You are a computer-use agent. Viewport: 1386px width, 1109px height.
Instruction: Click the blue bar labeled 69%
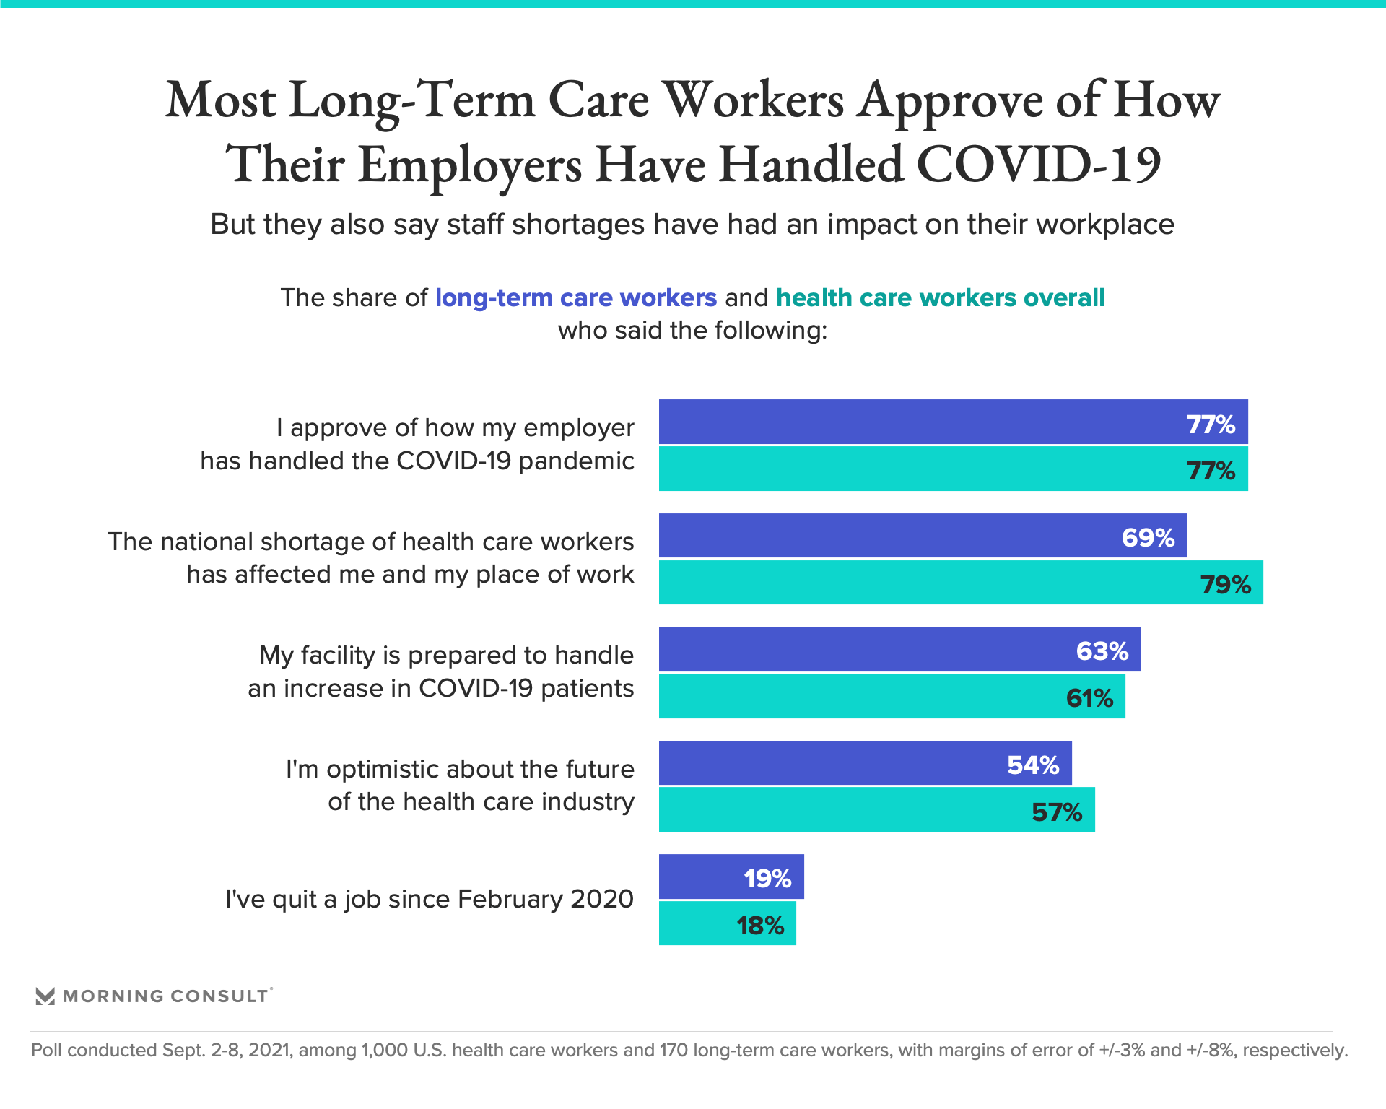922,536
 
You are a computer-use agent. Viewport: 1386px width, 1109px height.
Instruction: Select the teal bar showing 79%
960,583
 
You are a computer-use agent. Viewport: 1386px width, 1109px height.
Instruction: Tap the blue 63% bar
899,650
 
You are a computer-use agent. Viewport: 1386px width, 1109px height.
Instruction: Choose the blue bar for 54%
865,763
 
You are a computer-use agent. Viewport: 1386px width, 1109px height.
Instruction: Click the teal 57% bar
876,810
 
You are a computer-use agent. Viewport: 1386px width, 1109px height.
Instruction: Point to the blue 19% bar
731,877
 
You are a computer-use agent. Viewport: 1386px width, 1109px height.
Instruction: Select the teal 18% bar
727,923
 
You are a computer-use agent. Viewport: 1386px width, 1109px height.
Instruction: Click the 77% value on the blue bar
1211,424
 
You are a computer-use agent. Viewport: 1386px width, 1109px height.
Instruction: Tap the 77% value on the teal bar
1211,471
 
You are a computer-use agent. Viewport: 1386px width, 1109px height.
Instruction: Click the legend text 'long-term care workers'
575,297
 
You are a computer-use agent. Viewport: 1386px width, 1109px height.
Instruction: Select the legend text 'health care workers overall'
940,297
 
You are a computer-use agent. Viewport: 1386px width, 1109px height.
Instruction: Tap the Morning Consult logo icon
45,996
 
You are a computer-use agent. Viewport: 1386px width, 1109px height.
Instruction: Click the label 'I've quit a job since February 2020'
429,900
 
